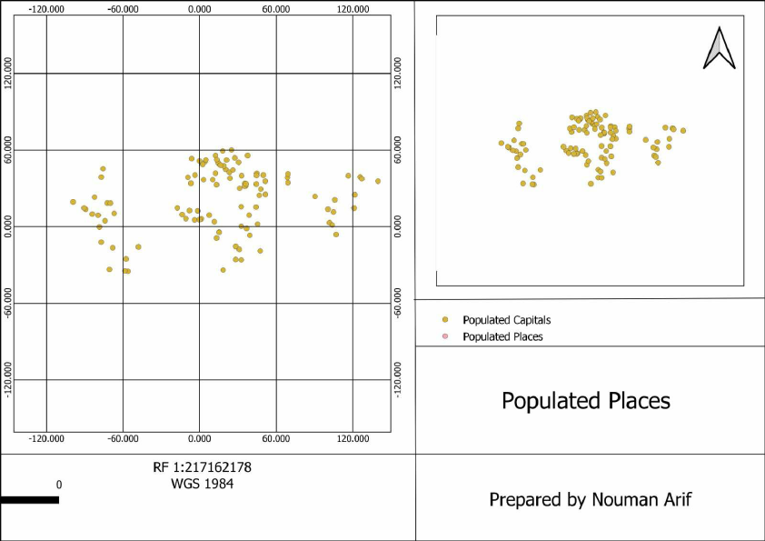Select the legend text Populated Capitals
point(506,320)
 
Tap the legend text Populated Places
point(502,336)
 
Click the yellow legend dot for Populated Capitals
point(445,320)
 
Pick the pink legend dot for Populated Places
point(445,336)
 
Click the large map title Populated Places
point(586,401)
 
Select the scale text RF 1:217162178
point(202,467)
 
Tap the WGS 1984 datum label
point(202,484)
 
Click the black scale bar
point(29,499)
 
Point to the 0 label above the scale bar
point(59,485)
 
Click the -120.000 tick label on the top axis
point(46,8)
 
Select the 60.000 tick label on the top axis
point(276,8)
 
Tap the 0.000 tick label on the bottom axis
point(199,438)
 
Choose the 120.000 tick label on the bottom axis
point(353,438)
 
